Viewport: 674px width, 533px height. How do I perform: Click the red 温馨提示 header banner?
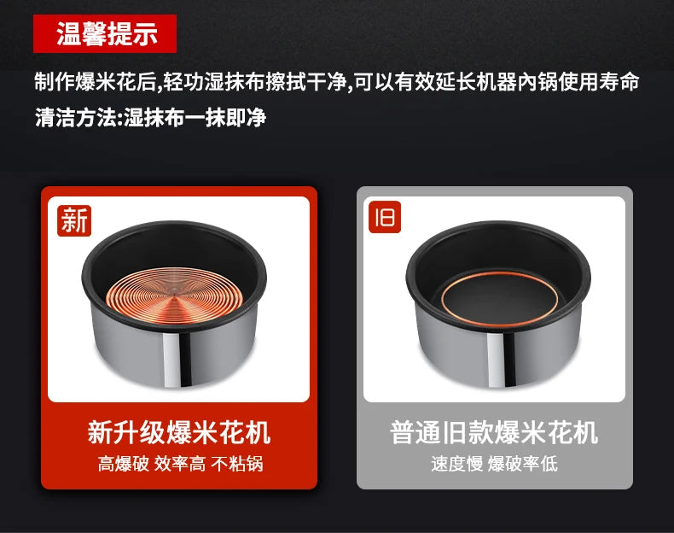(x=105, y=33)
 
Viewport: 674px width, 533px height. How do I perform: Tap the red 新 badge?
(x=74, y=220)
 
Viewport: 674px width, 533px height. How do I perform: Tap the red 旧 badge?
(x=385, y=217)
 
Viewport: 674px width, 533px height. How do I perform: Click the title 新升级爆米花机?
(x=179, y=432)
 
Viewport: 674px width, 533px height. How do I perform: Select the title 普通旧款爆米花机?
(x=494, y=432)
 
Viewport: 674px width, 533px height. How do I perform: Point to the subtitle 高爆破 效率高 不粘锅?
(x=180, y=464)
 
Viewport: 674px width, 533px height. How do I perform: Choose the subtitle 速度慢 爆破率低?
(x=494, y=464)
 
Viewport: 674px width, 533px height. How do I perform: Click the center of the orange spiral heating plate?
(x=174, y=296)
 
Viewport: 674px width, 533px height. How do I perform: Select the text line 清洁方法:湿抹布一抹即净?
(x=150, y=117)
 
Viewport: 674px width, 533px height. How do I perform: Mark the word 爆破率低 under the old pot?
(x=523, y=464)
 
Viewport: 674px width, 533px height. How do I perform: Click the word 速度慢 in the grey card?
(x=457, y=464)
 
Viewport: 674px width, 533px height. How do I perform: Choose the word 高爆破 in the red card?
(x=124, y=464)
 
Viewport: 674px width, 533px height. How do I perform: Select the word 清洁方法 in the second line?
(x=75, y=117)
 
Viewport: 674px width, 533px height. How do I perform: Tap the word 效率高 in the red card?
(x=180, y=464)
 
